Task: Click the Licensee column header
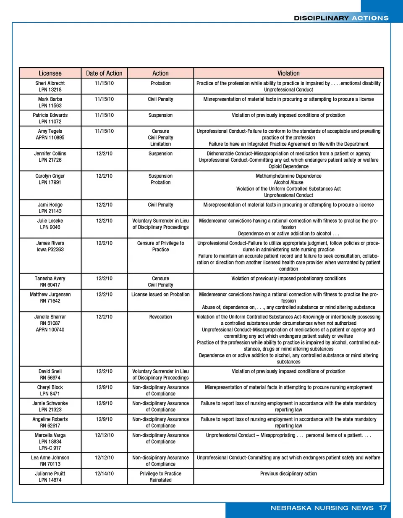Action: (x=50, y=73)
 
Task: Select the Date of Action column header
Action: (x=104, y=73)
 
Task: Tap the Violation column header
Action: (x=288, y=73)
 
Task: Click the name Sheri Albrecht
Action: (x=50, y=83)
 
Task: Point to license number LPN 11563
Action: (x=50, y=105)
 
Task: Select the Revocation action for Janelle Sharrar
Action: (x=160, y=317)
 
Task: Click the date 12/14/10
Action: (x=104, y=473)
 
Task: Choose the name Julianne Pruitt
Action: (x=50, y=473)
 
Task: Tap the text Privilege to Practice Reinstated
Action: (x=160, y=477)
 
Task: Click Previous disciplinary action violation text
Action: (x=288, y=473)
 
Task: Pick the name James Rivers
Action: (x=50, y=243)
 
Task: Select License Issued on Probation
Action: (x=160, y=294)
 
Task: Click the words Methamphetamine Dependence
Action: (x=288, y=176)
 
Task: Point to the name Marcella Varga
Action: (x=50, y=435)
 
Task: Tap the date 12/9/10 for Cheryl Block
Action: (x=104, y=387)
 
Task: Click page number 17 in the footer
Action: (x=383, y=508)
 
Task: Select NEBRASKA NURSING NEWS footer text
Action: (x=322, y=508)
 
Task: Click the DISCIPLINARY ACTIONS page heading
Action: (x=341, y=18)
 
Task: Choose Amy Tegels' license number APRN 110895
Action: (x=50, y=137)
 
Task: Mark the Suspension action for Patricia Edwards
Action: (x=160, y=115)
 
